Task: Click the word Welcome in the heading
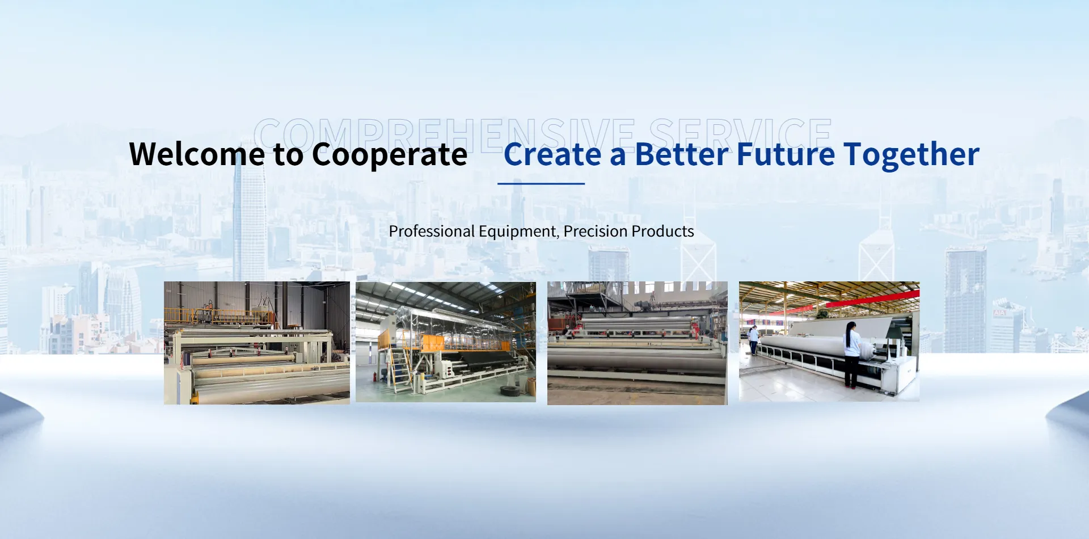pos(197,154)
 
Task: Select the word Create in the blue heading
pos(552,154)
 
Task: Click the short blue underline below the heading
pos(541,183)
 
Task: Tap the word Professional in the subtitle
pos(432,231)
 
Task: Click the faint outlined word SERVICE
pos(740,135)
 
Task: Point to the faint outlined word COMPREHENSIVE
pos(445,135)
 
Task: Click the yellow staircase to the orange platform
pos(399,369)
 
